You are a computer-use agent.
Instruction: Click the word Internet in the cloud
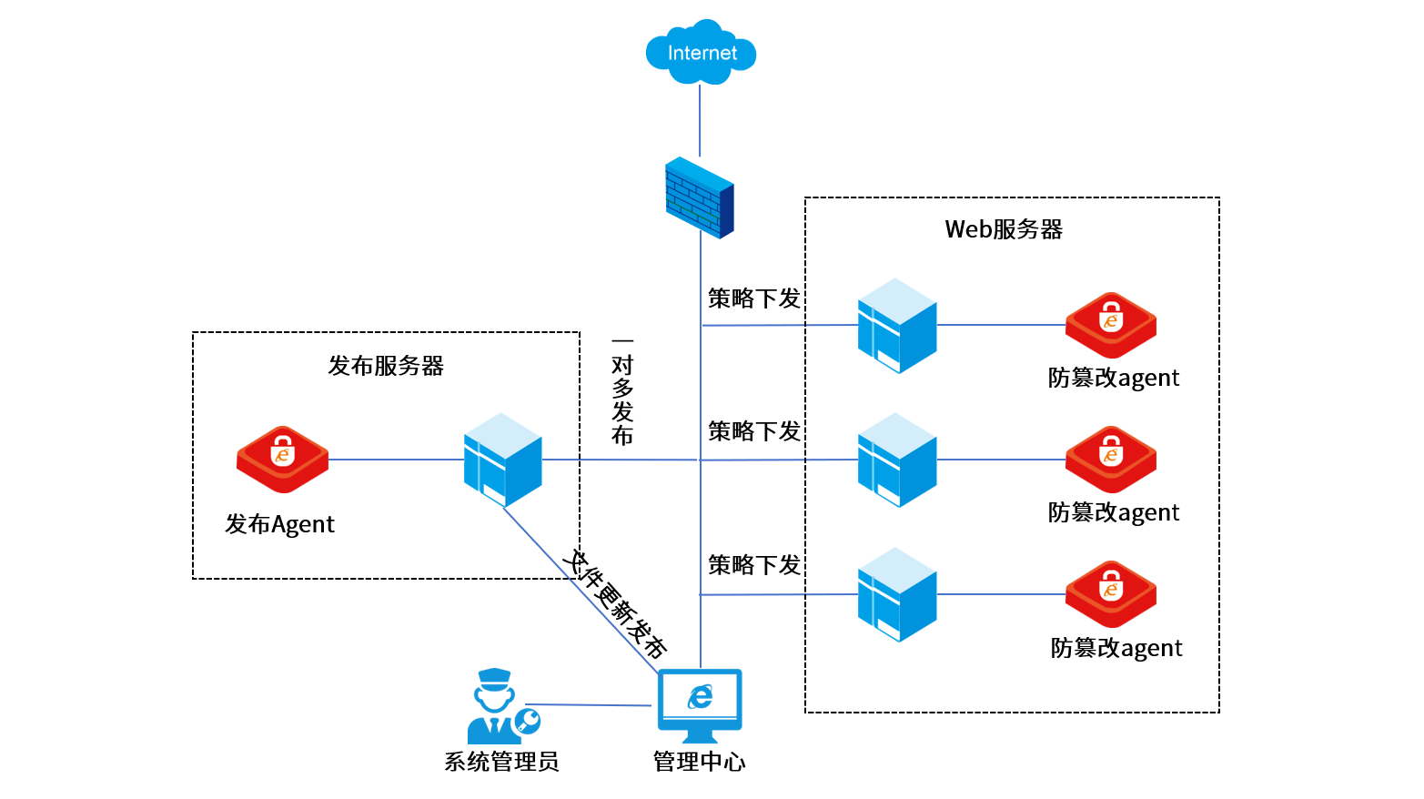[702, 54]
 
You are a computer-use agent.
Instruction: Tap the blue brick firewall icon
[699, 197]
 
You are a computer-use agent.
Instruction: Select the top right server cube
[897, 325]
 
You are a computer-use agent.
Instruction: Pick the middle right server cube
[897, 460]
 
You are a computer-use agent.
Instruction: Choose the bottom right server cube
[897, 594]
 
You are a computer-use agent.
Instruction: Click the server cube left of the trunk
[503, 460]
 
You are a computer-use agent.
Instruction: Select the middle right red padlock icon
[1111, 459]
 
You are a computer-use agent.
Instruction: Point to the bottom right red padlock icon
[1111, 593]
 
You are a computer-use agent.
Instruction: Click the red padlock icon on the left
[282, 459]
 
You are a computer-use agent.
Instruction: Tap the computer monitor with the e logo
[700, 699]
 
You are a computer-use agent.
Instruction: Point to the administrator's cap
[494, 676]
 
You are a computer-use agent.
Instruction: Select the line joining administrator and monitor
[587, 704]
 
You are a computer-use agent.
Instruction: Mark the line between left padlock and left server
[396, 460]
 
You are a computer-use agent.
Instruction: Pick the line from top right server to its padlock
[1001, 325]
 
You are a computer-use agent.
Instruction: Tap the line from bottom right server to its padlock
[1001, 594]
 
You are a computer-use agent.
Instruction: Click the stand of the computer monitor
[699, 735]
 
